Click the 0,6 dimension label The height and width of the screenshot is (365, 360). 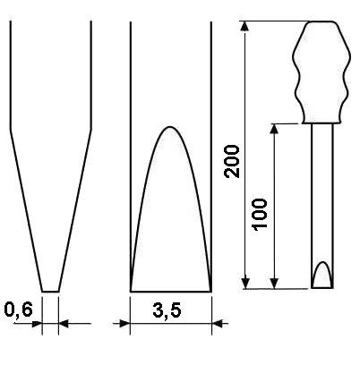pos(19,310)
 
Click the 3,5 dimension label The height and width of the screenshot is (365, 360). pos(167,311)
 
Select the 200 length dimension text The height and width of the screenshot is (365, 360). pos(232,162)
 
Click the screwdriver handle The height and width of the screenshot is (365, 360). pos(321,72)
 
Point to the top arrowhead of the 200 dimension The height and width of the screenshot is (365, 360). pos(244,26)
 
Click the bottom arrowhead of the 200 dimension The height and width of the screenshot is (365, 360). pos(244,284)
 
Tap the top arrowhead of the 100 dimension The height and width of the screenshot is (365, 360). pos(274,129)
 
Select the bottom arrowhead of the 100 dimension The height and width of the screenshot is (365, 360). pos(274,284)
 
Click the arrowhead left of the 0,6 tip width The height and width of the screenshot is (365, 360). pos(37,324)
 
